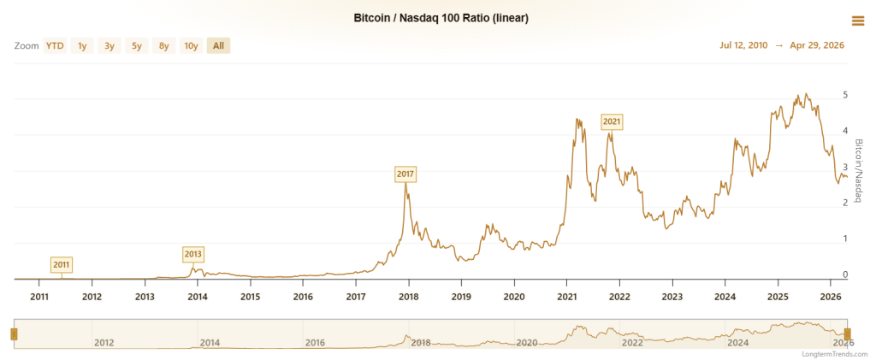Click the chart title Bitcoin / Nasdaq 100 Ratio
[x=441, y=18]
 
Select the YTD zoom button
[x=55, y=46]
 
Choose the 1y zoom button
[x=82, y=46]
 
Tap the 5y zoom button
[x=137, y=46]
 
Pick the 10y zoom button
[x=191, y=46]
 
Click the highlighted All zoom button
[x=218, y=46]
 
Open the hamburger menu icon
[x=857, y=21]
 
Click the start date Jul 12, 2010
[x=743, y=46]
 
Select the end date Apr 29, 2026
[x=816, y=46]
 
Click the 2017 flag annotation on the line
[x=405, y=174]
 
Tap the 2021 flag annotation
[x=612, y=121]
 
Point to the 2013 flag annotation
[x=193, y=254]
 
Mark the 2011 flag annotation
[x=62, y=264]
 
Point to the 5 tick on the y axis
[x=844, y=95]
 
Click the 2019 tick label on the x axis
[x=461, y=297]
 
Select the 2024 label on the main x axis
[x=725, y=297]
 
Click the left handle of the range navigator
[x=14, y=333]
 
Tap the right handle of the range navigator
[x=848, y=333]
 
